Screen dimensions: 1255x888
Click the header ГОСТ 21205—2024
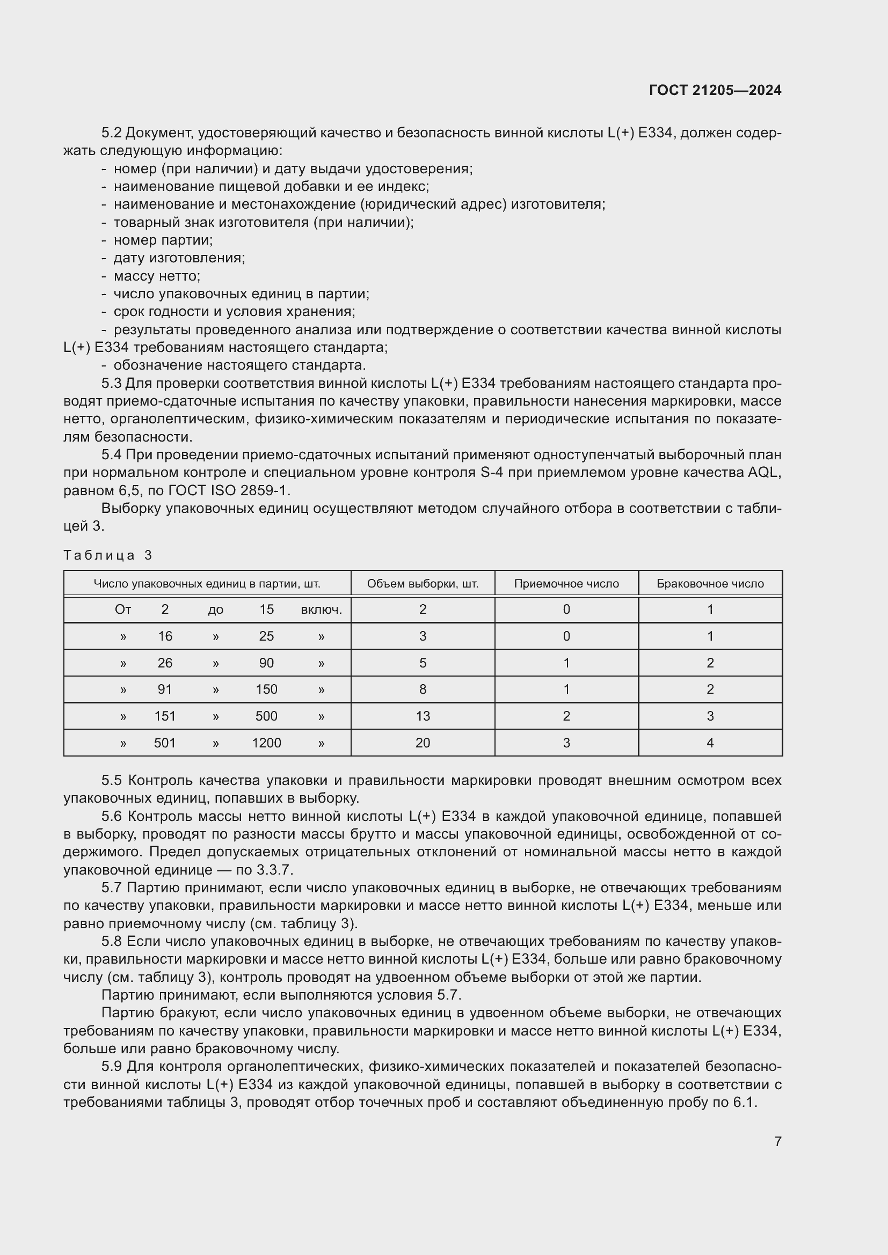point(715,90)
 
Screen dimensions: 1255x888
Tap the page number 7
point(777,1141)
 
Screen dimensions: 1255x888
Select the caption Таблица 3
point(108,555)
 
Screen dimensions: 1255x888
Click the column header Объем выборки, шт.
point(422,583)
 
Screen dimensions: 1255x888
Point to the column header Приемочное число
point(566,583)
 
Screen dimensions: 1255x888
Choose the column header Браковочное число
point(710,583)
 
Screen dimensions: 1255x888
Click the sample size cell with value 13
point(422,716)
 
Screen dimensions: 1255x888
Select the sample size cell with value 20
point(422,743)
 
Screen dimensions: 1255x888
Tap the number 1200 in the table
point(266,743)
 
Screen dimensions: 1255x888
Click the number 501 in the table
point(165,743)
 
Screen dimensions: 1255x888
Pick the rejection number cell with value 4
point(710,743)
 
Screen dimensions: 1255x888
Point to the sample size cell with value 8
point(422,689)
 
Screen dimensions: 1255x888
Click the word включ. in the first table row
point(321,610)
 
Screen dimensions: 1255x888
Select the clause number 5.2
point(112,133)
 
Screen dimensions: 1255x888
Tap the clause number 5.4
point(112,455)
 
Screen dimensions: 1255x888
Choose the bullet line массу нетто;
point(157,276)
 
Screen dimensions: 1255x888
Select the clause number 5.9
point(112,1067)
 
